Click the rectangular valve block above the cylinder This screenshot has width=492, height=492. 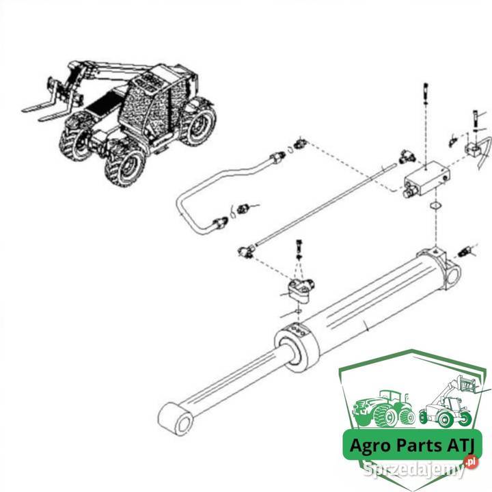pyautogui.click(x=426, y=179)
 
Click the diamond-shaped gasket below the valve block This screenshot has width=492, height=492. pyautogui.click(x=435, y=206)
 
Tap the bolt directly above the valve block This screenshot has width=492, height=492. pyautogui.click(x=426, y=93)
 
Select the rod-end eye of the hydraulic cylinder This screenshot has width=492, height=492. pyautogui.click(x=176, y=419)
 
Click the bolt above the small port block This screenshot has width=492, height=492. pyautogui.click(x=299, y=249)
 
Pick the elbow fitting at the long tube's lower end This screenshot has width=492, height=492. pyautogui.click(x=246, y=251)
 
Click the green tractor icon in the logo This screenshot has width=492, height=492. pyautogui.click(x=383, y=409)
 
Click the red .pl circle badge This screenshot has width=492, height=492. pyautogui.click(x=471, y=462)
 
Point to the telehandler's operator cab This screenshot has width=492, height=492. pyautogui.click(x=147, y=104)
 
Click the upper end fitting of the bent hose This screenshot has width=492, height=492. pyautogui.click(x=278, y=157)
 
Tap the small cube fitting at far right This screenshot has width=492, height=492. pyautogui.click(x=474, y=149)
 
